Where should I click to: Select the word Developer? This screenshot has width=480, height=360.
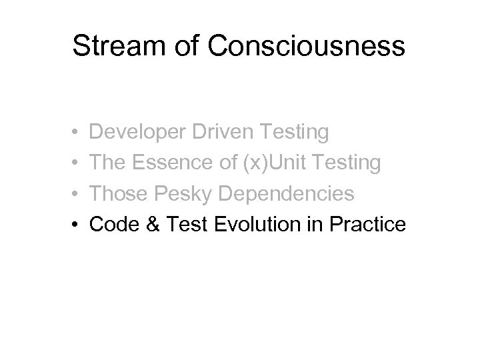tap(136, 133)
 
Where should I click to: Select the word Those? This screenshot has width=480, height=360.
tap(116, 194)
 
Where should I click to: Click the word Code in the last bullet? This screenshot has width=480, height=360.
tap(111, 225)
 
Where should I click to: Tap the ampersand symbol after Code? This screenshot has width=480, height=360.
tap(147, 225)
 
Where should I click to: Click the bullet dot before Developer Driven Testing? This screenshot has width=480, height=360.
tap(76, 133)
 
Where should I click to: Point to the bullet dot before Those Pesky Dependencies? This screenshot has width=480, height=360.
tap(76, 195)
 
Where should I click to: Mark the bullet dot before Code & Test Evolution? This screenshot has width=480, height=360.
tap(76, 225)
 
